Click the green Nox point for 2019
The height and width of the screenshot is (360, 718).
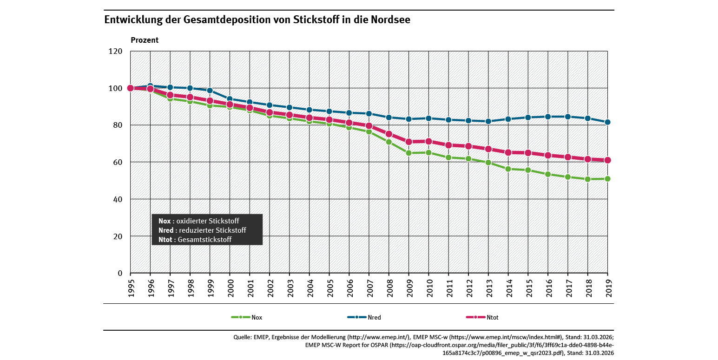[x=607, y=179]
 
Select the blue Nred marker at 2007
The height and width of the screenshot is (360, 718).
[x=369, y=113]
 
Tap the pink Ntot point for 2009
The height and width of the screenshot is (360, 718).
[x=409, y=142]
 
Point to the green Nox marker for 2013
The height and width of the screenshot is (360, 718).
[x=488, y=163]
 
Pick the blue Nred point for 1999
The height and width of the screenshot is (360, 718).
[x=210, y=91]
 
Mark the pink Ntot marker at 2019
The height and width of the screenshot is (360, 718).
[x=607, y=160]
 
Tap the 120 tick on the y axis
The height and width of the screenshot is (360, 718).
[x=115, y=51]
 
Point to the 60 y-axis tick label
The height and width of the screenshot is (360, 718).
[x=118, y=162]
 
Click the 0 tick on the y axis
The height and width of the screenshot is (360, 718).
[x=120, y=273]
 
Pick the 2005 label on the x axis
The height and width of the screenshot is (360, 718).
[x=329, y=288]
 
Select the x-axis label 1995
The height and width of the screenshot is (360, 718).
[x=131, y=288]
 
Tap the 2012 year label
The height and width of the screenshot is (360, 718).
[x=468, y=288]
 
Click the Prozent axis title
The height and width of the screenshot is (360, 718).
[x=145, y=40]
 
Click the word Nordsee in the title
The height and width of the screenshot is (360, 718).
[x=390, y=20]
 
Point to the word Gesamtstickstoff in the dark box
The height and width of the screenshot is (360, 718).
[x=204, y=240]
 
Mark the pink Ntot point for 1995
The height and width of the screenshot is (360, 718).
[x=131, y=88]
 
